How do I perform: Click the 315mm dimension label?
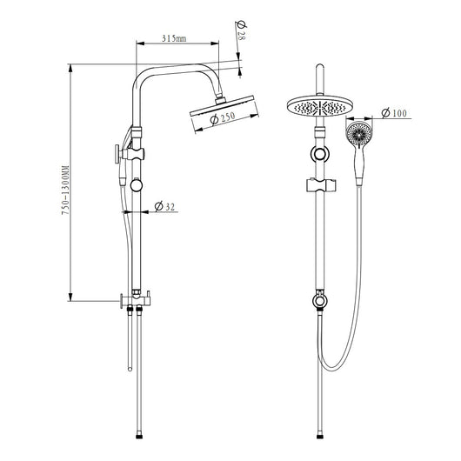pos(174,38)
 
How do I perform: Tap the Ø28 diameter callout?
pos(242,30)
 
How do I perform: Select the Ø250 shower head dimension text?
pos(224,118)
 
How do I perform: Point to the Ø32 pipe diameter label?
pos(164,206)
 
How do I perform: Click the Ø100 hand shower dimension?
pos(394,113)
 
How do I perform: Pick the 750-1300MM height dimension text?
pos(65,190)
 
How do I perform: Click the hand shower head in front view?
pos(359,134)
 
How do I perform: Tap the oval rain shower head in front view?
pos(319,106)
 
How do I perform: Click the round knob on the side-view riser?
pos(137,185)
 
